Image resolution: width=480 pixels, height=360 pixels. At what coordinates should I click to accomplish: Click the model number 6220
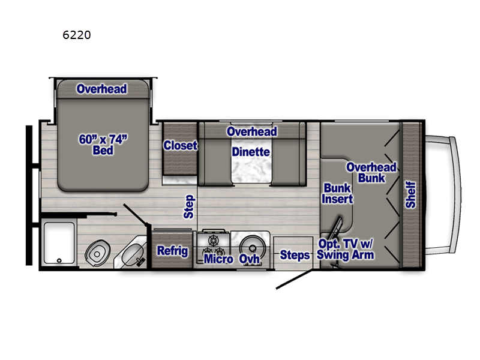click(77, 35)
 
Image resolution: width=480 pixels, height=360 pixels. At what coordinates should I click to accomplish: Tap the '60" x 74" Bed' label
click(103, 145)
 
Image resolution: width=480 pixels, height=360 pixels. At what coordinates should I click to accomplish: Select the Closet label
click(181, 145)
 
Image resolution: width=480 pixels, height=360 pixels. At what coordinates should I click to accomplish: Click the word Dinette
click(251, 152)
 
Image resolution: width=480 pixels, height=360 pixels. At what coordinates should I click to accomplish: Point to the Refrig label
click(172, 251)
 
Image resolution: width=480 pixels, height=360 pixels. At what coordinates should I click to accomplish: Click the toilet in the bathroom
click(97, 253)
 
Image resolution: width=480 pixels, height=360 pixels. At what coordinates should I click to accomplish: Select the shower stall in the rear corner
click(59, 243)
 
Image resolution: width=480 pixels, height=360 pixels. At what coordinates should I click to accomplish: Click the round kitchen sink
click(252, 247)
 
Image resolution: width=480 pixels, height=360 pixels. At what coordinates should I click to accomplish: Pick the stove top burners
click(213, 245)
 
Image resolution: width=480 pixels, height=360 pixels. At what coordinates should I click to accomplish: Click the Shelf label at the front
click(410, 194)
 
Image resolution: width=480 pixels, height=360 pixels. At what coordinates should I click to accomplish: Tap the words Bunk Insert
click(337, 193)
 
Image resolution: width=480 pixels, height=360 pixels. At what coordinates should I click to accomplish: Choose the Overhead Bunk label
click(371, 172)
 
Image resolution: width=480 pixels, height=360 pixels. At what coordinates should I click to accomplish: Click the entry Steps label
click(295, 254)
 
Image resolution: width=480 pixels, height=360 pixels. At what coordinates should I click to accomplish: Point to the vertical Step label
click(189, 206)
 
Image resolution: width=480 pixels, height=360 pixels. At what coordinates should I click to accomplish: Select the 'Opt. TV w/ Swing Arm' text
click(345, 249)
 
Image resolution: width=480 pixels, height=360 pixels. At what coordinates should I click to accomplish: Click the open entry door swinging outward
click(294, 280)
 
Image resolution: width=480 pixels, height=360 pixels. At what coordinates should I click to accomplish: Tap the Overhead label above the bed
click(101, 89)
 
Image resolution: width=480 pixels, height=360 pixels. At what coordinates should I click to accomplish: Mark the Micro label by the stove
click(218, 259)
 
